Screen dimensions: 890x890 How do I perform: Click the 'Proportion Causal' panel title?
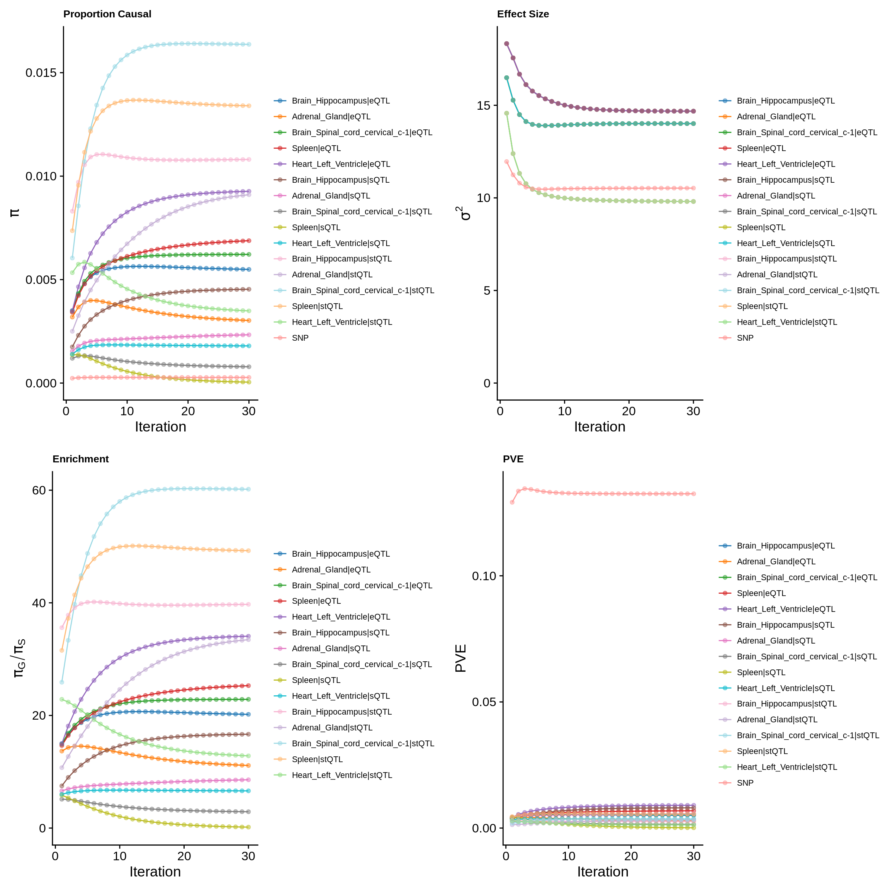pyautogui.click(x=107, y=14)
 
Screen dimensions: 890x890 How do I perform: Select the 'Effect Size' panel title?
pyautogui.click(x=523, y=14)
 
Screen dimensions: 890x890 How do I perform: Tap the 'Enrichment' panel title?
pyautogui.click(x=81, y=459)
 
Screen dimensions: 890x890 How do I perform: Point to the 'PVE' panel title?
pyautogui.click(x=513, y=459)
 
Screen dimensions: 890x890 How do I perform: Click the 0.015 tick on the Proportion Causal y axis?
pyautogui.click(x=41, y=73)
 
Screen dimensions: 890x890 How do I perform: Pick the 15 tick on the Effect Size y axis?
pyautogui.click(x=484, y=105)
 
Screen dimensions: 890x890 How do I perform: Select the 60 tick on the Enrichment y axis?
pyautogui.click(x=39, y=490)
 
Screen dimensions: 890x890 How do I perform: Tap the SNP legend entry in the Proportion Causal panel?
pyautogui.click(x=300, y=338)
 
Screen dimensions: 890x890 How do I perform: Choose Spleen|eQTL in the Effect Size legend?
pyautogui.click(x=761, y=148)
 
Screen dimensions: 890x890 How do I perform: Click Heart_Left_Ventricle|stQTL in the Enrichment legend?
pyautogui.click(x=342, y=775)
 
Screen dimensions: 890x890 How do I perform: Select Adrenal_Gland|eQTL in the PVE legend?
pyautogui.click(x=776, y=562)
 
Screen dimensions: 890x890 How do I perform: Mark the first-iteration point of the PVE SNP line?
pyautogui.click(x=512, y=502)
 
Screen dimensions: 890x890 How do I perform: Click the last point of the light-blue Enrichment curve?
pyautogui.click(x=249, y=489)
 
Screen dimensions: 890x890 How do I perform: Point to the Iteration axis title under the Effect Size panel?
pyautogui.click(x=600, y=427)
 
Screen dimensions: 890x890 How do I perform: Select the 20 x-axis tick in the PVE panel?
pyautogui.click(x=631, y=856)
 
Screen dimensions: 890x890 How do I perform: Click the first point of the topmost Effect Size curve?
pyautogui.click(x=506, y=44)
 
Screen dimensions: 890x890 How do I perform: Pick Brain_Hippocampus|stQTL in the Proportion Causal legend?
pyautogui.click(x=341, y=259)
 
